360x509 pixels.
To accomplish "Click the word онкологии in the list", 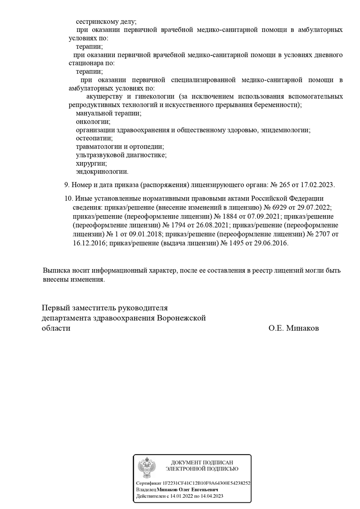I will click(93, 122).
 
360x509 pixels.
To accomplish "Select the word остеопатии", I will click(94, 139).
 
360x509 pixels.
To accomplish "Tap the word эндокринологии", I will click(102, 171).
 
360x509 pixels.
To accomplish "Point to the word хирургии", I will click(91, 163).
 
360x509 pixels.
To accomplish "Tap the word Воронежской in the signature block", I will click(181, 318).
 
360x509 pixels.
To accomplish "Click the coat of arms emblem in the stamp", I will click(147, 468).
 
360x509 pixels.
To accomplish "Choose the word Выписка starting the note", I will click(58, 271).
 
